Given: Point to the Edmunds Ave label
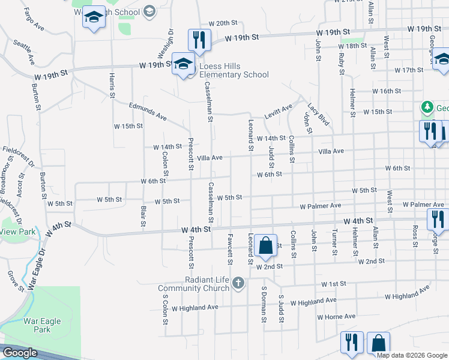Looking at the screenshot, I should click(x=148, y=112).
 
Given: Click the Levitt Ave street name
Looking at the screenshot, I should click(x=279, y=112).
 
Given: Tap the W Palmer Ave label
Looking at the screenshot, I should click(x=321, y=206).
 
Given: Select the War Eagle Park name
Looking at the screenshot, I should click(x=42, y=325).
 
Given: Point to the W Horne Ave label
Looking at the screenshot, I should click(x=336, y=316).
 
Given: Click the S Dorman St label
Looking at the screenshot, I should click(x=263, y=304).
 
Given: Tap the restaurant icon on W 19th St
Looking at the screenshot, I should click(x=199, y=40).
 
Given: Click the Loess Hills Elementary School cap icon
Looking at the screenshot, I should click(x=182, y=64).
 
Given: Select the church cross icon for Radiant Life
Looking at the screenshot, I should click(x=238, y=283).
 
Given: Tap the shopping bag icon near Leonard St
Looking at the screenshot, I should click(x=265, y=245).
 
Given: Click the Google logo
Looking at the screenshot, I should click(x=20, y=353).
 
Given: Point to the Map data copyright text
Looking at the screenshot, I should click(x=411, y=355).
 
